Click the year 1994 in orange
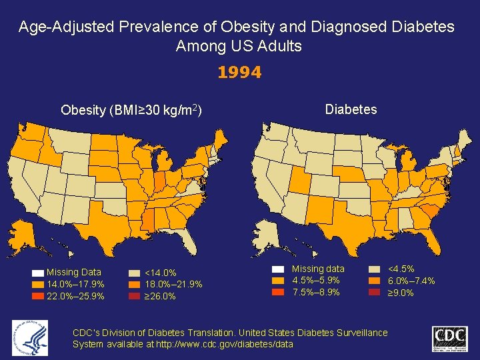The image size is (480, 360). point(239,72)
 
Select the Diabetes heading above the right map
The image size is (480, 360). point(351,109)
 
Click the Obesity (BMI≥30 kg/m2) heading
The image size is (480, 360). point(131,110)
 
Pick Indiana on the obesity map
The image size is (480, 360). point(159,181)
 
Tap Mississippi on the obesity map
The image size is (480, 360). point(147,218)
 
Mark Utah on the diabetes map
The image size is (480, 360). point(299,178)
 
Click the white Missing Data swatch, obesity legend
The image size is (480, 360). point(37,273)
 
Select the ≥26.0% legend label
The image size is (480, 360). point(161,297)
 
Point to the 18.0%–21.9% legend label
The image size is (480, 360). point(173,285)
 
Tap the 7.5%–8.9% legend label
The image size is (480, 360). point(316,292)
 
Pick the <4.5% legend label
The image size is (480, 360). point(401,269)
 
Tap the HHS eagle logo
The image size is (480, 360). point(30,337)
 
